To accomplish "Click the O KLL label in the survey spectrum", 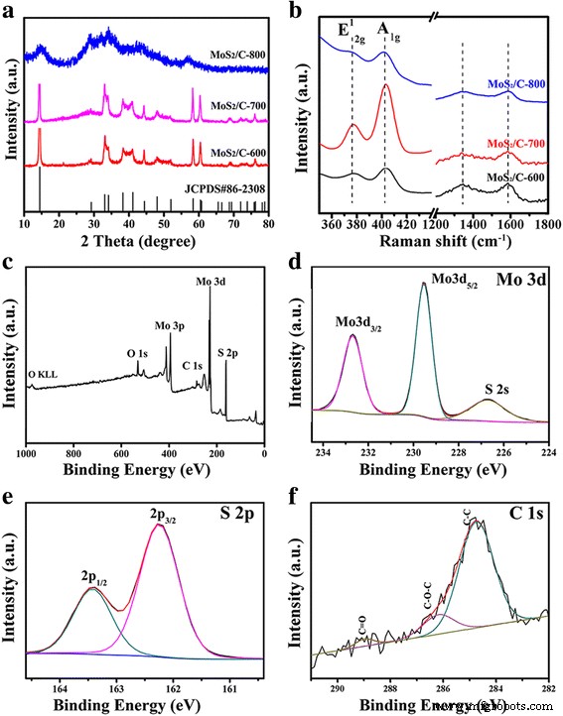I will pos(45,373).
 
